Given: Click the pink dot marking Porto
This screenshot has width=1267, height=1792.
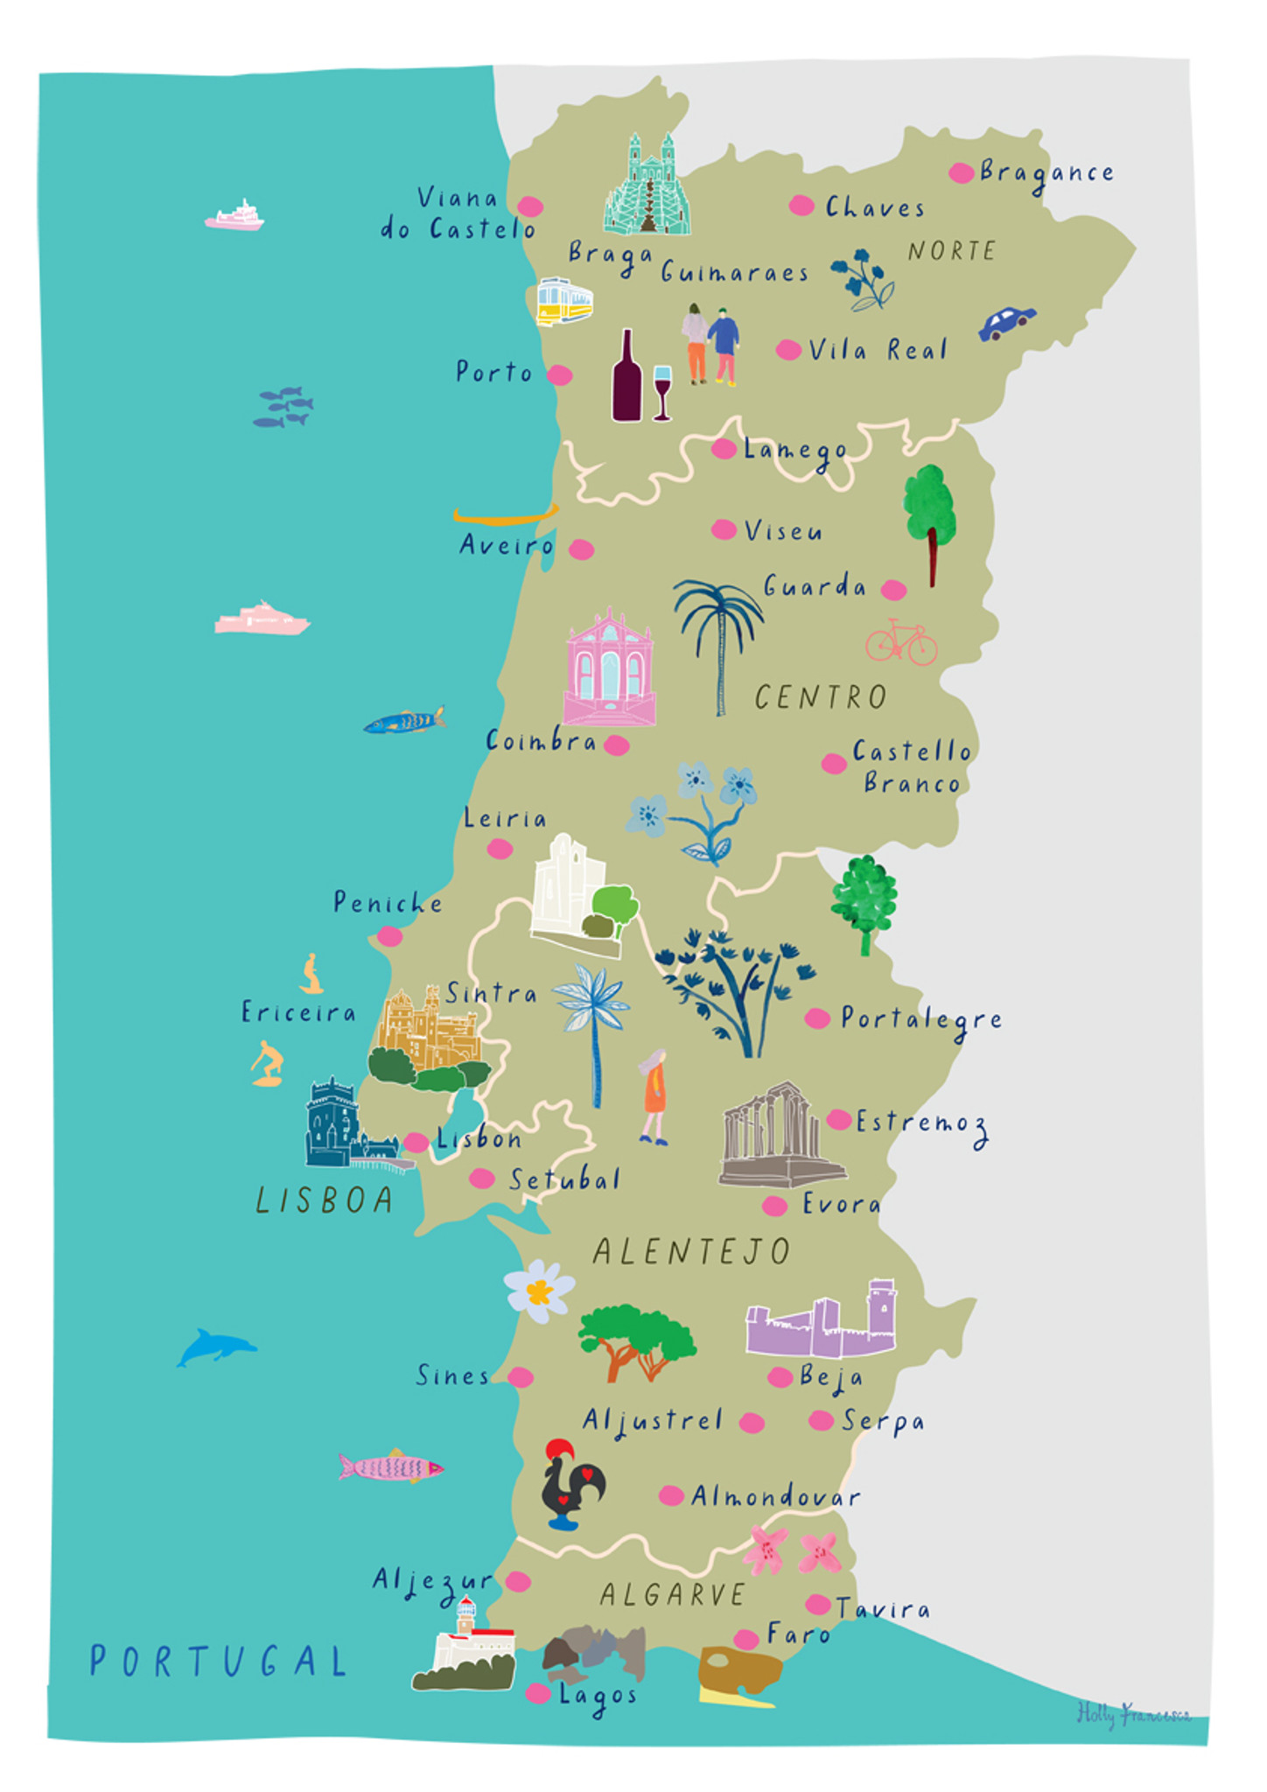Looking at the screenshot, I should (560, 375).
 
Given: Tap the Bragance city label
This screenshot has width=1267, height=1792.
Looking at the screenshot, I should (1046, 172).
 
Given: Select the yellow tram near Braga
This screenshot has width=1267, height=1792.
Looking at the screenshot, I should (564, 301).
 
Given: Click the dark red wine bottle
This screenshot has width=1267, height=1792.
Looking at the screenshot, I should (626, 379).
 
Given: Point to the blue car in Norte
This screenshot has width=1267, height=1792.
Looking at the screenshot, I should (1006, 323).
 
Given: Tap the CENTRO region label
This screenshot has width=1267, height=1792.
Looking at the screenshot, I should (820, 697).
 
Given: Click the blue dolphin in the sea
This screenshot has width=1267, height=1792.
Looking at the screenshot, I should (215, 1346).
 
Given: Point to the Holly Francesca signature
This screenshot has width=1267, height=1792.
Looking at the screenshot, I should (1132, 1713).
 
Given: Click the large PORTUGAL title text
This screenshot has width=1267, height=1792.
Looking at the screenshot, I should (219, 1661).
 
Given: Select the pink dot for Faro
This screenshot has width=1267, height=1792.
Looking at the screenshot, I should (745, 1638).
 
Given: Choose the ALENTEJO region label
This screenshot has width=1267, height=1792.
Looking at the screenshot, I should (691, 1251).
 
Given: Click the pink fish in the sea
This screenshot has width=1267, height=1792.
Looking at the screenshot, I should (390, 1466).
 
